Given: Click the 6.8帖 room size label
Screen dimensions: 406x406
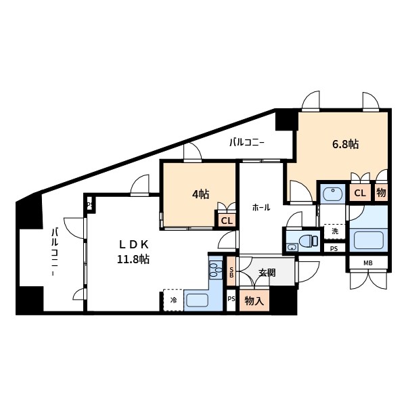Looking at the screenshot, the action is (345, 144).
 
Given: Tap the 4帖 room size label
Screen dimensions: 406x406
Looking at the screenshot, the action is (201, 194).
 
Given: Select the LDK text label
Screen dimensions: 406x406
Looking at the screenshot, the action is (133, 244).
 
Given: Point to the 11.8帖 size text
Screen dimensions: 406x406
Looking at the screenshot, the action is (133, 258).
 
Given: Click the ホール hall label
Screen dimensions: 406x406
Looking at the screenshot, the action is (261, 208).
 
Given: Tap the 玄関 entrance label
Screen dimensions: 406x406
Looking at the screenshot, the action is (267, 273).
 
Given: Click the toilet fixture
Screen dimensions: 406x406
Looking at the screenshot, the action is (308, 240).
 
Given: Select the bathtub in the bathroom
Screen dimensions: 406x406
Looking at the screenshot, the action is (368, 240).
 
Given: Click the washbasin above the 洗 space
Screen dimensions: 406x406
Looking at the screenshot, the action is (333, 194).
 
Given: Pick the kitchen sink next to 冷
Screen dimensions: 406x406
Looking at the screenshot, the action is (198, 300).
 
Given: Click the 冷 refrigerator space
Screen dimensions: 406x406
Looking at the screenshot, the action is (173, 300).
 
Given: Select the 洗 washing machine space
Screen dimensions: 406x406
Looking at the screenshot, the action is (335, 231).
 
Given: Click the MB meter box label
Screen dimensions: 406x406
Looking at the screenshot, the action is (368, 263).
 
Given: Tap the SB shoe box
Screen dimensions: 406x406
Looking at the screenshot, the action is (231, 271).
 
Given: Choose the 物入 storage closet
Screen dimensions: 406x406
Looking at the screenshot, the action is (254, 300).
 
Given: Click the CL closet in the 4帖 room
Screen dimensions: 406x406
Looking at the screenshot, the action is (227, 221).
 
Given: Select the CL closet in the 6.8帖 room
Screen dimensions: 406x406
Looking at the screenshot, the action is (360, 193).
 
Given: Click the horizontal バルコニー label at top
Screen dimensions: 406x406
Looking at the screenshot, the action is (246, 143).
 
